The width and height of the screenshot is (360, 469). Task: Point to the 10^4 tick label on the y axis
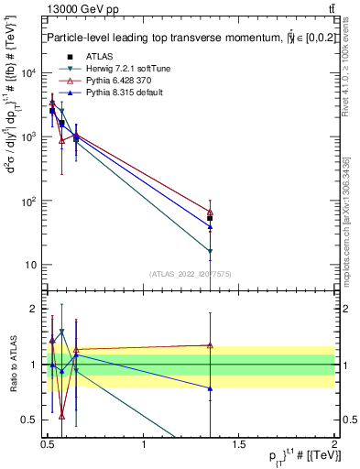pos(29,73)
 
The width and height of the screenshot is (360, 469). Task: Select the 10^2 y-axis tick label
pos(29,202)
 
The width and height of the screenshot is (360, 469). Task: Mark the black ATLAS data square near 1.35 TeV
pos(210,218)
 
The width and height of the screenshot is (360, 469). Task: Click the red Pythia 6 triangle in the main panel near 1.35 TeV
pos(210,213)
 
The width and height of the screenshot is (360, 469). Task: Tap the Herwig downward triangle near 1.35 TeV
pos(210,251)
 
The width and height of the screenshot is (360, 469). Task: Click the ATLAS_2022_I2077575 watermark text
pos(191,274)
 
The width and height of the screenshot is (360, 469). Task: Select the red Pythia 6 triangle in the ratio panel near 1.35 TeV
pos(210,345)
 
